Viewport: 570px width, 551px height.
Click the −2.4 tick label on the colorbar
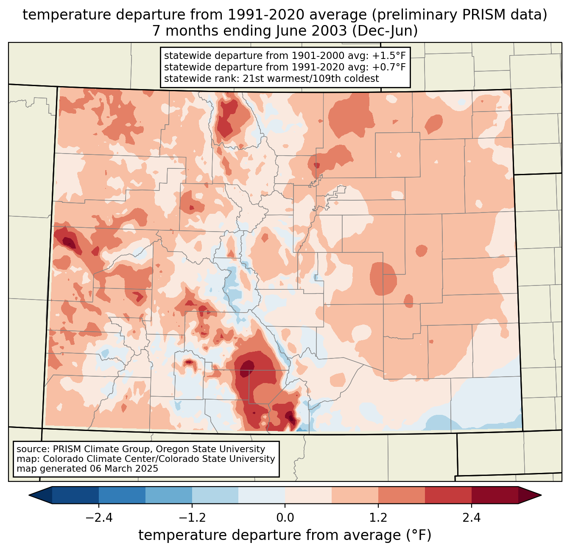point(99,518)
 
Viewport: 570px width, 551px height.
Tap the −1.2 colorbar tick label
point(192,518)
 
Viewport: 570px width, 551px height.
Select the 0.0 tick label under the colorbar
point(285,518)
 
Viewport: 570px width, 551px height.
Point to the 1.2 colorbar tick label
point(378,518)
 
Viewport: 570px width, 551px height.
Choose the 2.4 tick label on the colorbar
point(471,518)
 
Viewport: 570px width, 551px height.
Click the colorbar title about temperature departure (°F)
point(285,535)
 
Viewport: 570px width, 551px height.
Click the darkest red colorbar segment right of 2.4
point(495,495)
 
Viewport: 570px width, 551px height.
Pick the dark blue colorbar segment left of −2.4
point(75,495)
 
